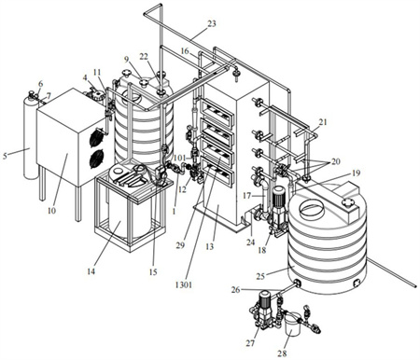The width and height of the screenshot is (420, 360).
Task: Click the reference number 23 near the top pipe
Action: [x=212, y=23]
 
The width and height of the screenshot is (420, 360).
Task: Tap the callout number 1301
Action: [x=183, y=284]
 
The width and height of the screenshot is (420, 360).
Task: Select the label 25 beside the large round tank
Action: [x=261, y=276]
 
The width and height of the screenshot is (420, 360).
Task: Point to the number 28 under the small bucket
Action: [x=283, y=353]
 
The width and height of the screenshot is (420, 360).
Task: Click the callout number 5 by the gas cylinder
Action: [x=5, y=156]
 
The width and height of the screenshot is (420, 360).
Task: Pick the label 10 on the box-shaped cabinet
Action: [x=51, y=211]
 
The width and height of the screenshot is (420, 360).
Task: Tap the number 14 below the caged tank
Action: [x=91, y=271]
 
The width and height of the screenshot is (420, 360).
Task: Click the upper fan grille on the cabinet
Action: [x=97, y=137]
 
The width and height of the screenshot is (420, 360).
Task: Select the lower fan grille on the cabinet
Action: [x=97, y=159]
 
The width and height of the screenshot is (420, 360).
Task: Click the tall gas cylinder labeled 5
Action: [x=30, y=138]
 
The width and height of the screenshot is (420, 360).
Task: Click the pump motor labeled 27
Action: [x=264, y=299]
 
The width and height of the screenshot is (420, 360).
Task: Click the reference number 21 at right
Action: [x=323, y=122]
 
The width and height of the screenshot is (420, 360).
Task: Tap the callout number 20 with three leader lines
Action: [x=336, y=161]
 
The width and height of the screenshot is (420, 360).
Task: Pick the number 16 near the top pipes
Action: [x=185, y=50]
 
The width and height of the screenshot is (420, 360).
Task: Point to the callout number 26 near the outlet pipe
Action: [x=235, y=290]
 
